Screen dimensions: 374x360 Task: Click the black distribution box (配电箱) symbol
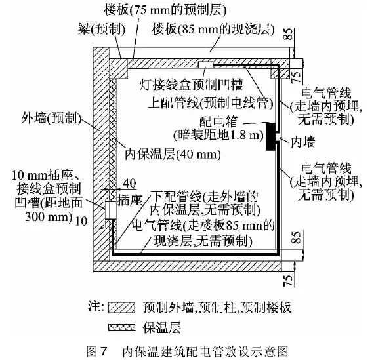[x=271, y=136]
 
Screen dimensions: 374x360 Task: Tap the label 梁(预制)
[x=102, y=30]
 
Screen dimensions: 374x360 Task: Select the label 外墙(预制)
[x=51, y=118]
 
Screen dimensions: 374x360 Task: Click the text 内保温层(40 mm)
[x=173, y=155]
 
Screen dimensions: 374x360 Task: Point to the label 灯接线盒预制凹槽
[x=191, y=85]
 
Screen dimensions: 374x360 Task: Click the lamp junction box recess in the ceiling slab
[x=205, y=64]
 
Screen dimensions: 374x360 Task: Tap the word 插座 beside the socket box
[x=130, y=200]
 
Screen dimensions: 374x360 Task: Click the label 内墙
[x=303, y=142]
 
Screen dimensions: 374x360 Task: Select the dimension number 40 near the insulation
[x=129, y=184]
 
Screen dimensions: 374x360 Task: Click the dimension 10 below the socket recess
[x=81, y=221]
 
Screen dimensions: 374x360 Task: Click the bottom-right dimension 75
[x=288, y=281]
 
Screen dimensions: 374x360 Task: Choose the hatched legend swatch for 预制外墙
[x=121, y=308]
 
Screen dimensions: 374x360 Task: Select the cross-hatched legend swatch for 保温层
[x=121, y=327]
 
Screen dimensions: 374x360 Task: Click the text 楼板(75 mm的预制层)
[x=165, y=10]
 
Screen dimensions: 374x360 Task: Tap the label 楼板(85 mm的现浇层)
[x=213, y=30]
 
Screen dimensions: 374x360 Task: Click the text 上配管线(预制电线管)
[x=211, y=104]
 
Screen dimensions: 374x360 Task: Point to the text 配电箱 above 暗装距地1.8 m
[x=218, y=122]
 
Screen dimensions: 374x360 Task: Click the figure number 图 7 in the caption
[x=96, y=351]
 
